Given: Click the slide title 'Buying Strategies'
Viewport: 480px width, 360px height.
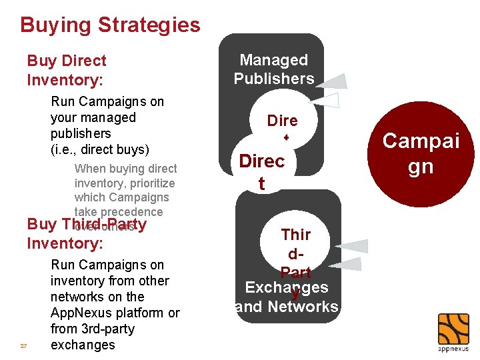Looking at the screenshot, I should pos(110,25).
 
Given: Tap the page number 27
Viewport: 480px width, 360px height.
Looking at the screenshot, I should pos(24,346).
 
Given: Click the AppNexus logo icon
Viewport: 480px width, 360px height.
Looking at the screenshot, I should pos(453,329).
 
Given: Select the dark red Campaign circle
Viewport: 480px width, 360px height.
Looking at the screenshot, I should pos(421,153).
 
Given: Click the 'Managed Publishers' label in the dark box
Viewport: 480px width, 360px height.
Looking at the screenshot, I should pos(273,69).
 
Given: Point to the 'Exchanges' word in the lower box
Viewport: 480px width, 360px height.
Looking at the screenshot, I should pos(287,288).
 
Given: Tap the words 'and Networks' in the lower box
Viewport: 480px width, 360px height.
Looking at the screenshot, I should pos(287,307).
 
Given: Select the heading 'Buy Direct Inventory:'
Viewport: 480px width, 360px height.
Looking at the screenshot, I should pos(67,70).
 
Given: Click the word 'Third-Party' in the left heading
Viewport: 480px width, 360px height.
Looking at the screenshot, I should pos(105,224).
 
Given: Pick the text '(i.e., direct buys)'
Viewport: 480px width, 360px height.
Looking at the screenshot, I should pos(100,149).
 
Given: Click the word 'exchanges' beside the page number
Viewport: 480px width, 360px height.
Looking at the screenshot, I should pos(83,345).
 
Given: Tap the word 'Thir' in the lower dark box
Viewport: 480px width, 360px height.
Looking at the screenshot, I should pos(296,235).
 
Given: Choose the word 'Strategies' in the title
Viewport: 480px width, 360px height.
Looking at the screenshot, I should pos(149,25).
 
